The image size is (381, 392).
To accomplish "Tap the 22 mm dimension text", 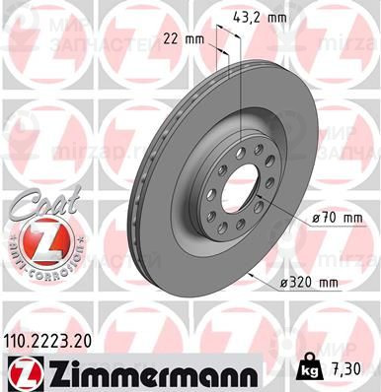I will click(182, 38).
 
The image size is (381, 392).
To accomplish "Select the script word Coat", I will click(36, 202).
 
